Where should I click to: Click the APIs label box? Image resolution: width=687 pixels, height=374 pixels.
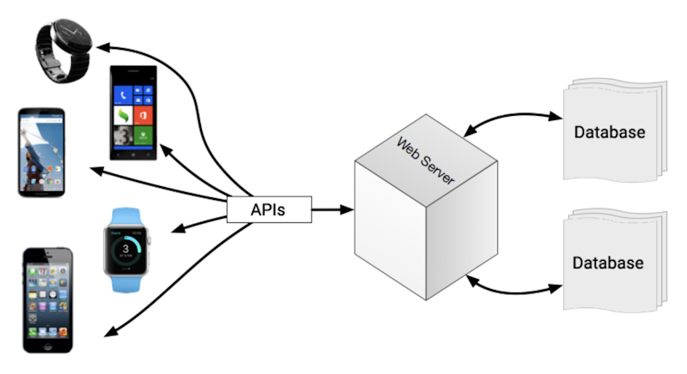tap(268, 208)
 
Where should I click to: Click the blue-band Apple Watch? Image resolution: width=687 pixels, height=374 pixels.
tap(126, 239)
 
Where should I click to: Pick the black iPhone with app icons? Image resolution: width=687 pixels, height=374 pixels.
tap(47, 299)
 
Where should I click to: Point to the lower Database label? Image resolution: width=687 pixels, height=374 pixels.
tap(609, 262)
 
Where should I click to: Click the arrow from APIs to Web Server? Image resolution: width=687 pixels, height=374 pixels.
tap(331, 208)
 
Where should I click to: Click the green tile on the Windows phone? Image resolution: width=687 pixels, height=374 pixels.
tap(146, 132)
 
